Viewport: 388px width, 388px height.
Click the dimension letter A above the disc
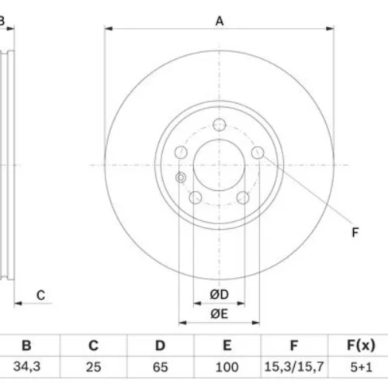click(x=220, y=21)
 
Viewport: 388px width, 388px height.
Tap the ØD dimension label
click(x=220, y=294)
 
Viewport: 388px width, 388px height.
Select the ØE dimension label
click(x=220, y=314)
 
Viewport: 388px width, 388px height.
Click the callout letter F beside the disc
click(x=355, y=232)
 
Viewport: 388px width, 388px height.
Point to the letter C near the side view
click(x=41, y=295)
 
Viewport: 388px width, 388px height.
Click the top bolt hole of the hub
click(x=220, y=125)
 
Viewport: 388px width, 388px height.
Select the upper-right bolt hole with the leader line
click(x=258, y=152)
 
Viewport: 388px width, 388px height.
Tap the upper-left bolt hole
click(x=181, y=152)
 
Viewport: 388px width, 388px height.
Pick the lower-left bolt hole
click(x=196, y=198)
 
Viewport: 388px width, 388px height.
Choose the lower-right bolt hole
click(x=243, y=198)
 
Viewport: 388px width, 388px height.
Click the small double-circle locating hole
click(x=181, y=178)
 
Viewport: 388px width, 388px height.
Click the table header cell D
click(x=160, y=345)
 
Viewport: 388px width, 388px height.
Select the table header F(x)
click(x=361, y=345)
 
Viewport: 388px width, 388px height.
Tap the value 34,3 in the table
click(x=27, y=366)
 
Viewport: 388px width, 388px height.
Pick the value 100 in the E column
click(x=227, y=367)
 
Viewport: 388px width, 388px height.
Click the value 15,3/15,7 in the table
click(x=294, y=367)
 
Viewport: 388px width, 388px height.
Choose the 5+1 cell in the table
click(x=361, y=367)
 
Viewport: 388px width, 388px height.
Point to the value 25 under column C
click(x=93, y=367)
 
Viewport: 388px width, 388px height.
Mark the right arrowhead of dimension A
click(x=330, y=29)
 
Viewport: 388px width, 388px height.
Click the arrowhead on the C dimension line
click(x=18, y=303)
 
